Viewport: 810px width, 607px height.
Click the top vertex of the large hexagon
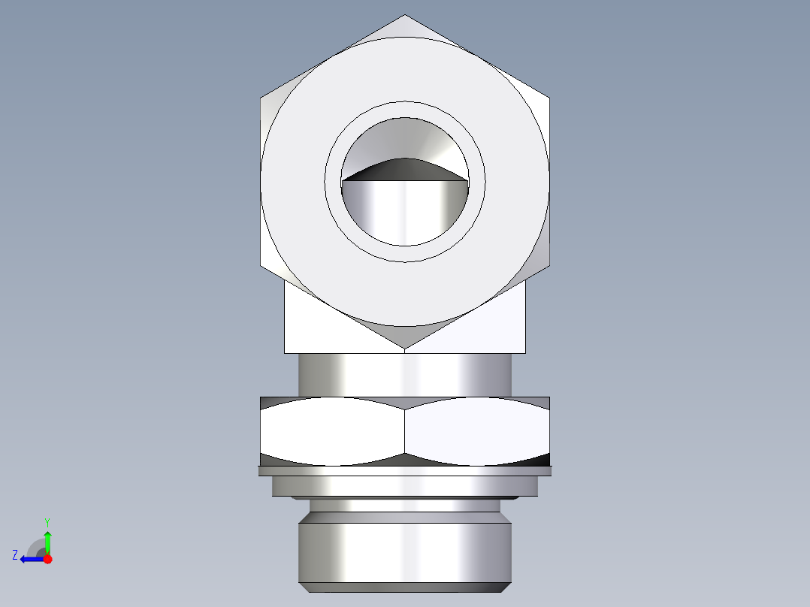coord(405,16)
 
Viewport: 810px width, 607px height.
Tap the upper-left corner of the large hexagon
coord(261,97)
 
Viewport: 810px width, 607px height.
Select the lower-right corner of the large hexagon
coord(549,266)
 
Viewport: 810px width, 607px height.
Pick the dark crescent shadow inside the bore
coord(405,171)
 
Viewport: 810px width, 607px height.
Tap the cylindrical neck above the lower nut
coord(405,374)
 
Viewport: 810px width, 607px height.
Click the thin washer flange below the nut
coord(405,471)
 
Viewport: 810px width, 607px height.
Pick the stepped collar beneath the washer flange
coord(405,487)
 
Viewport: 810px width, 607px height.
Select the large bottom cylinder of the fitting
coord(405,552)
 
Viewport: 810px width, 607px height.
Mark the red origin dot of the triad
coord(47,559)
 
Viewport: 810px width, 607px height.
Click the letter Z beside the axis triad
coord(15,555)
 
